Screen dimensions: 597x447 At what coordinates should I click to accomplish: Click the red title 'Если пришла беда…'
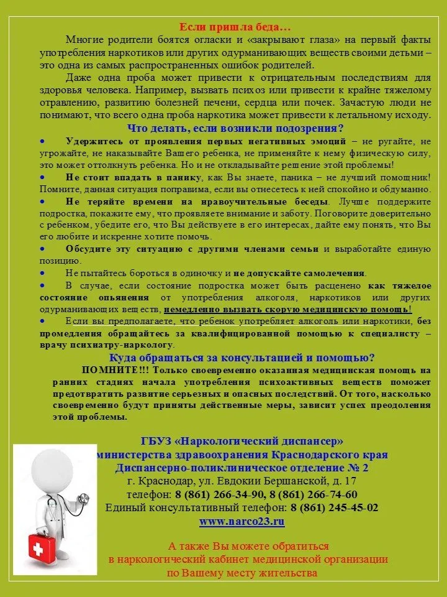pyautogui.click(x=235, y=27)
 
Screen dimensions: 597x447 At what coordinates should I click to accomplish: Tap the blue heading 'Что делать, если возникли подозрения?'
pyautogui.click(x=235, y=129)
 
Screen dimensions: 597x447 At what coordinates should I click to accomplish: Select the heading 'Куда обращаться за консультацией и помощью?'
pyautogui.click(x=242, y=358)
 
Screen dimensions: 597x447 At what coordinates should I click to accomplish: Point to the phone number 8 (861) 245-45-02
pyautogui.click(x=335, y=507)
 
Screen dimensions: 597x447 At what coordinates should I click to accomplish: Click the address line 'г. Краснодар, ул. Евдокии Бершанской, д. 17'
pyautogui.click(x=242, y=481)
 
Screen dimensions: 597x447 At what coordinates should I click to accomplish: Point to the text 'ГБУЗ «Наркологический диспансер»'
pyautogui.click(x=242, y=441)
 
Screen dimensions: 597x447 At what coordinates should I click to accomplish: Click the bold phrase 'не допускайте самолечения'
pyautogui.click(x=300, y=273)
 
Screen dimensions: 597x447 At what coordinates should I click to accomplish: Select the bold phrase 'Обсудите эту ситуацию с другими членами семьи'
pyautogui.click(x=193, y=249)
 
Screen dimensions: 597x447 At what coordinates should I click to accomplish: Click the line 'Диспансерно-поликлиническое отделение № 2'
pyautogui.click(x=242, y=468)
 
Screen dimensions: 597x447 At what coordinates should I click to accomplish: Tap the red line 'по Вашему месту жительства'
pyautogui.click(x=242, y=573)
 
